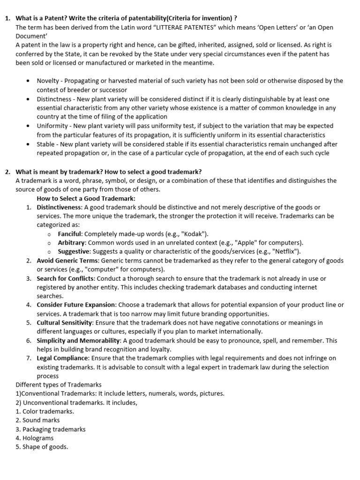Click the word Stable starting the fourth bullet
point(46,144)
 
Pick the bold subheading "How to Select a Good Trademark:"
point(86,198)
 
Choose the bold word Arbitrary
point(72,243)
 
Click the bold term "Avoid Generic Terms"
point(68,261)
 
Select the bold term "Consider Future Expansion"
point(76,305)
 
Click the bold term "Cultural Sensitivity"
point(65,323)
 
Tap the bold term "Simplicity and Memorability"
point(79,341)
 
